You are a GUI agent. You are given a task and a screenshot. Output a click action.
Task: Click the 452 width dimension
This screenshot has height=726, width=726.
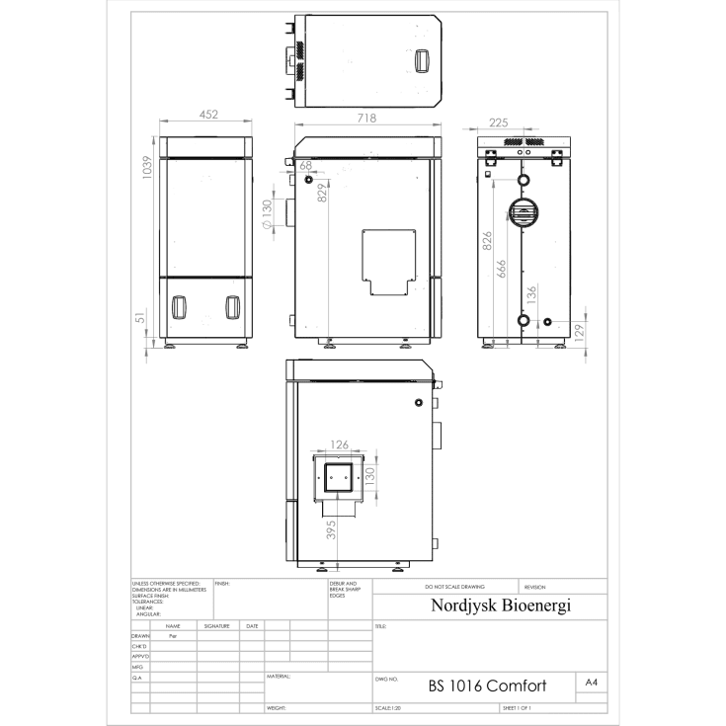[208, 115]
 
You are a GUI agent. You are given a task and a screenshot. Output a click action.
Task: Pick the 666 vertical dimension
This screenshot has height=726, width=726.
[502, 269]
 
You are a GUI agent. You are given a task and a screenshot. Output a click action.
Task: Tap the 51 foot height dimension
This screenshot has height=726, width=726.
[141, 317]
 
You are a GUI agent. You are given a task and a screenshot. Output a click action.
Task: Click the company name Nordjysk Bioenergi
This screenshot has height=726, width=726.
[501, 605]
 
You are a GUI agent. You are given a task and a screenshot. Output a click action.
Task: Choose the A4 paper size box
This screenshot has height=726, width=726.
[592, 683]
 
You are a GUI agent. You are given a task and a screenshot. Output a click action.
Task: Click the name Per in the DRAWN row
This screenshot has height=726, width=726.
[172, 637]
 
